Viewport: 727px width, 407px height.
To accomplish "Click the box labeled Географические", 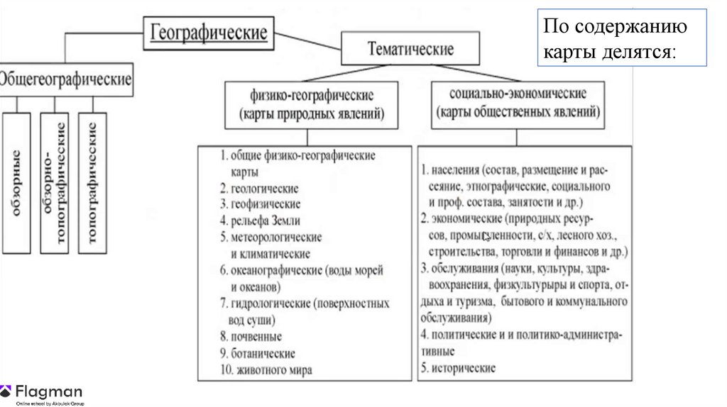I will (208, 33).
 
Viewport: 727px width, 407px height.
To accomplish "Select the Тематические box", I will (410, 49).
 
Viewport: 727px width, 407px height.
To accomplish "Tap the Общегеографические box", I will (66, 79).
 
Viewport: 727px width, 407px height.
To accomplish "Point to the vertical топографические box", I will (92, 183).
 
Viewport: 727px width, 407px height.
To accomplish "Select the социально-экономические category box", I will (518, 104).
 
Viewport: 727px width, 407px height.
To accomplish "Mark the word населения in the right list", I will (454, 171).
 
